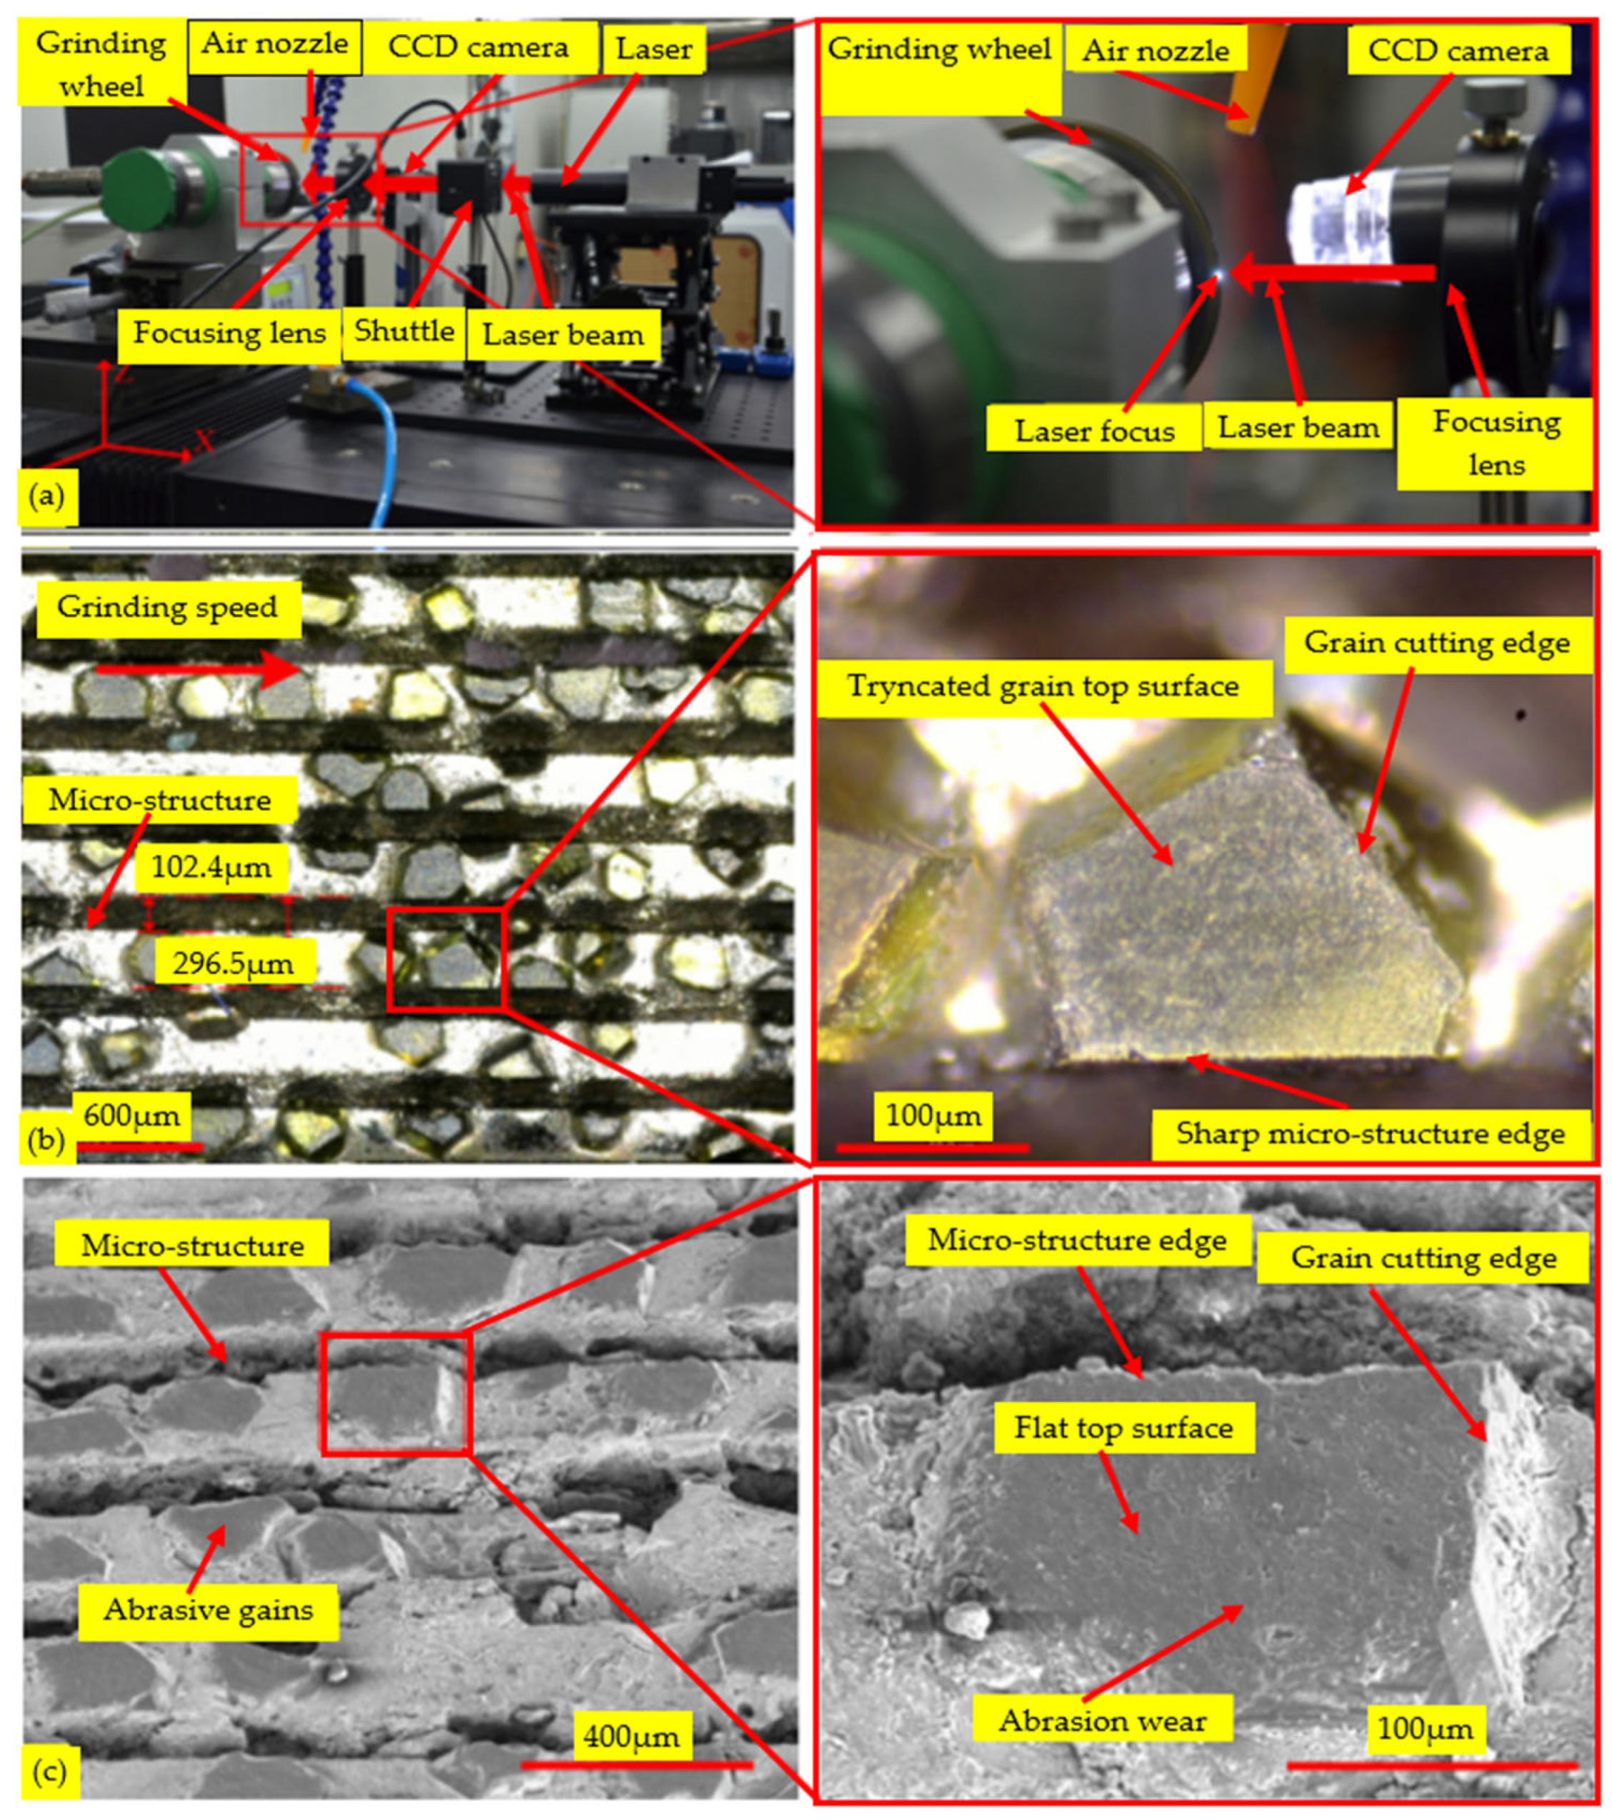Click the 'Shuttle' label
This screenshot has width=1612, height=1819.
click(404, 331)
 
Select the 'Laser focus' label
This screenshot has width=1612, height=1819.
click(1094, 431)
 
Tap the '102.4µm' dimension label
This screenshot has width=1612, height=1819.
click(211, 866)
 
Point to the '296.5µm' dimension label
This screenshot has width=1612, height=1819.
click(234, 962)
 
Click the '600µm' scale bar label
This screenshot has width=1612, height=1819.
click(131, 1114)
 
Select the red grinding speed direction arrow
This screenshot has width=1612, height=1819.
click(199, 668)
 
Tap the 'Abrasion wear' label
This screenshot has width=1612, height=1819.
click(1103, 1720)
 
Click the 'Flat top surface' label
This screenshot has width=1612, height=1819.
click(1124, 1428)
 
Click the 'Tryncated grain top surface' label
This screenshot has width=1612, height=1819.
click(1043, 686)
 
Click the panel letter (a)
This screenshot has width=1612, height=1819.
click(46, 495)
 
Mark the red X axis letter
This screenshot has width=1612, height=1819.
click(205, 441)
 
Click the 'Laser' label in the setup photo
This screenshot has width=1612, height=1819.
click(654, 48)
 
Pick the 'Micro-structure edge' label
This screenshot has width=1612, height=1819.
click(1077, 1240)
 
